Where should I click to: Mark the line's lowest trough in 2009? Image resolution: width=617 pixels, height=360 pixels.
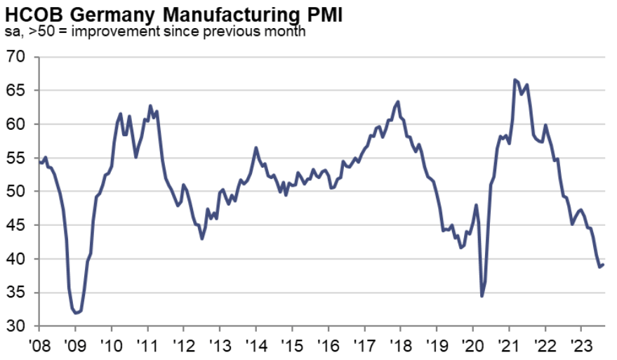point(76,313)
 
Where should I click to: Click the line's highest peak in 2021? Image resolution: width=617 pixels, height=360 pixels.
point(515,79)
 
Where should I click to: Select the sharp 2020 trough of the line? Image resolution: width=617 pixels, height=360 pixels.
point(482,296)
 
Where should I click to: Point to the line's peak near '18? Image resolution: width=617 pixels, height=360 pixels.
point(399,101)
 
